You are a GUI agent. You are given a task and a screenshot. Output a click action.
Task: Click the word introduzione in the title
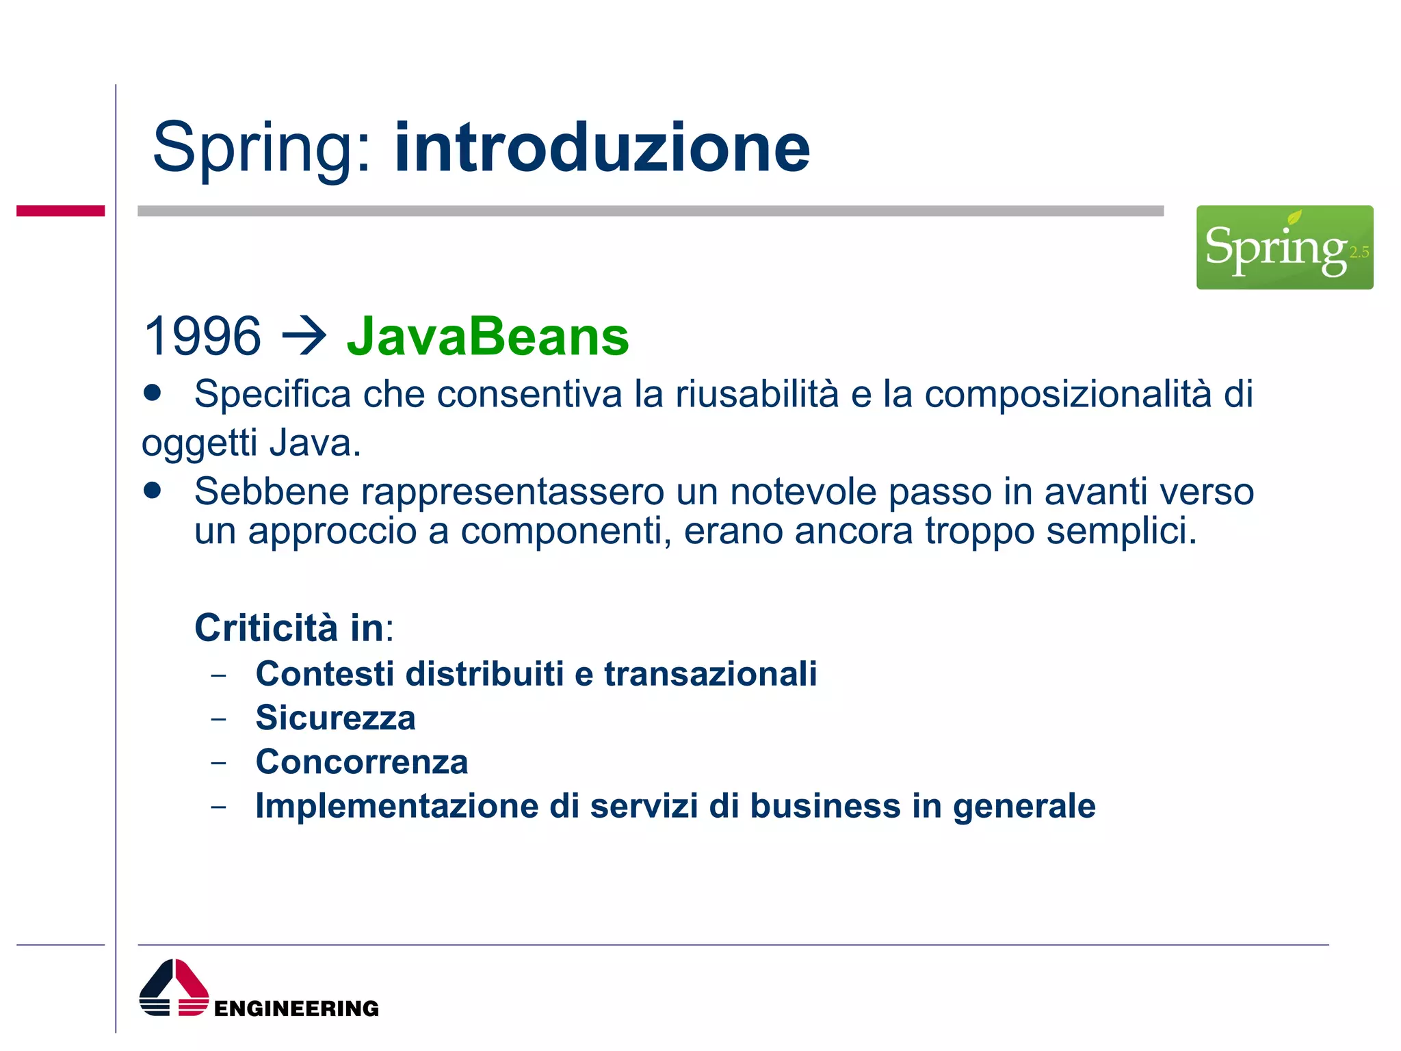click(602, 148)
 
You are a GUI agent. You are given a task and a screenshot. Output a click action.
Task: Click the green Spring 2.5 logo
click(1284, 247)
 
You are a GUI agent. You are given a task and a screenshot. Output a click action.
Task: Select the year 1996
click(202, 337)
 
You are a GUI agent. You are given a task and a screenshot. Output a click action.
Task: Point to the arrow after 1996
click(304, 337)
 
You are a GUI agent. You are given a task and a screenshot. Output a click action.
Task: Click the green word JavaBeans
click(487, 337)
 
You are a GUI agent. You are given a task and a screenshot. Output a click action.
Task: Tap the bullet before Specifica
click(153, 393)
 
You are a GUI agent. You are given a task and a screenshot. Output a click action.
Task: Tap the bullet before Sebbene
click(153, 490)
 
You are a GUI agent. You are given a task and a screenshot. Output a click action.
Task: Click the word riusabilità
click(757, 394)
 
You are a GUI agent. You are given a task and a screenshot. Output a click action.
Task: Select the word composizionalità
click(1068, 394)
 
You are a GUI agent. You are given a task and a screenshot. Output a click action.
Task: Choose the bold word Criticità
click(266, 627)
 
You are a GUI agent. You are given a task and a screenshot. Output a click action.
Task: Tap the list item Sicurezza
click(335, 718)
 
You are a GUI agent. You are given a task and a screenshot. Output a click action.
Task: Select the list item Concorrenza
click(361, 762)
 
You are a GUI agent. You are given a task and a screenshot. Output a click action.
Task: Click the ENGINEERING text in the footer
click(296, 1009)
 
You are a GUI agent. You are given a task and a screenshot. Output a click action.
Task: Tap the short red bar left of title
click(60, 211)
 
